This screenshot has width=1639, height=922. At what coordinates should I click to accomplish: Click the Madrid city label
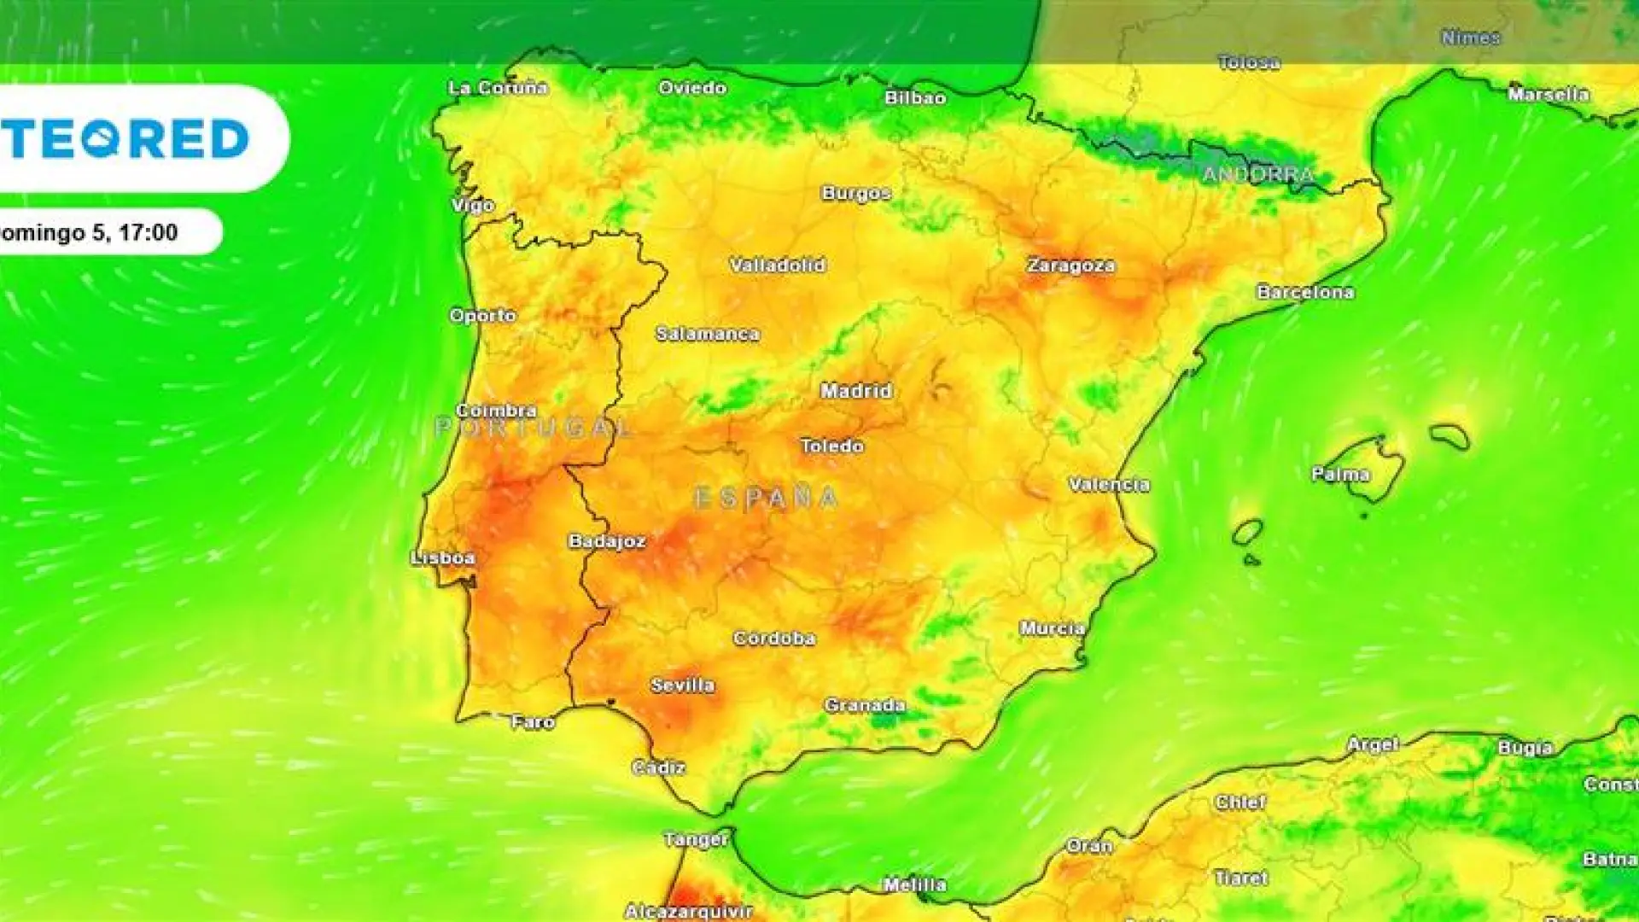pos(856,391)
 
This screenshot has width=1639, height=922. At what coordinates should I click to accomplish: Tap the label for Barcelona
pos(1305,292)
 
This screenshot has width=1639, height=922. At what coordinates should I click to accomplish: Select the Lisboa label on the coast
pos(443,558)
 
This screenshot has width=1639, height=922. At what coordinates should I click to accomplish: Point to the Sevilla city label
pos(682,685)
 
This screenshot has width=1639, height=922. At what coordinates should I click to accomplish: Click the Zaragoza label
pos(1070,266)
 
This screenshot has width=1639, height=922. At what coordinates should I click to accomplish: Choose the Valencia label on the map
pos(1109,485)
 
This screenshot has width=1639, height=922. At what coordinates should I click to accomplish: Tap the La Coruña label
pos(498,87)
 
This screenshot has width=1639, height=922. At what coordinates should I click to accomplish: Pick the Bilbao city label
pos(915,98)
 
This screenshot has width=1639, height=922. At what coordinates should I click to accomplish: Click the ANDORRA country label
pos(1258,175)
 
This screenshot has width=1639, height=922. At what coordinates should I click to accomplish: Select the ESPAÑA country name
pos(766,498)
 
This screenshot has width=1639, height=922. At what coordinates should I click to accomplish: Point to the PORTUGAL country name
pos(534,427)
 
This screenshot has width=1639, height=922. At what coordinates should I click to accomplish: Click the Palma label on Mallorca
pos(1340,474)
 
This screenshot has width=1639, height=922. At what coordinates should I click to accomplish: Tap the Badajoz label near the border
pos(607,541)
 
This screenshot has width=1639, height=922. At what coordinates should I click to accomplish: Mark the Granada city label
pos(865,705)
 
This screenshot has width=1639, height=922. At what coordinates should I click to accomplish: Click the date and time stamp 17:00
pos(148,232)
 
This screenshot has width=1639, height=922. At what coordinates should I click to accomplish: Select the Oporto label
pos(482,315)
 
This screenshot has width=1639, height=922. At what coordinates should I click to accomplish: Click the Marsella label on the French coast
pos(1548,94)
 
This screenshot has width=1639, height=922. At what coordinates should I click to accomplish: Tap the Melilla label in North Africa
pos(914,885)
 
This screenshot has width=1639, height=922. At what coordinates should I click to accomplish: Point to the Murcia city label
pos(1053,628)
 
